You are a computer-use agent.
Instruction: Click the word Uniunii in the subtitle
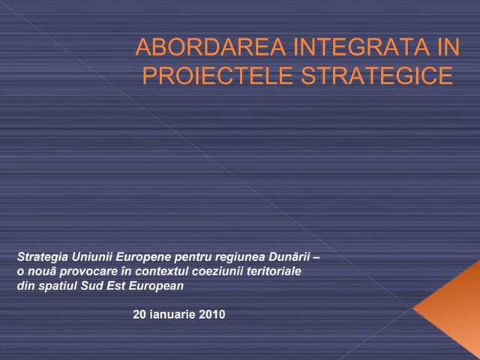point(93,256)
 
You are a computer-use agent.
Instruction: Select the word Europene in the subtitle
point(142,256)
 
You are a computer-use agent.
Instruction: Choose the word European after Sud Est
point(154,286)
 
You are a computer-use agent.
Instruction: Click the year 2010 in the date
point(211,314)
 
